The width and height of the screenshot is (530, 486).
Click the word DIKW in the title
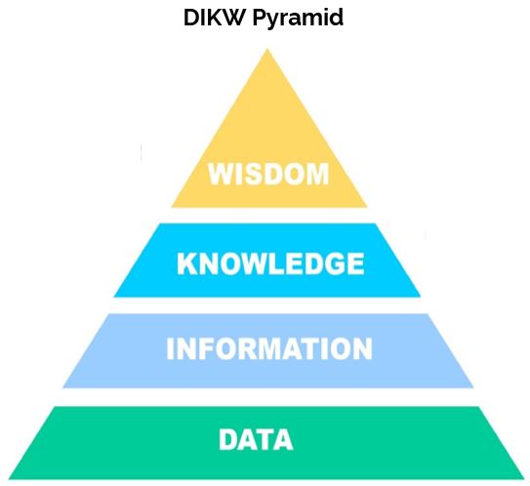coord(214,18)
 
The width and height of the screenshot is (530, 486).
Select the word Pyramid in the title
coord(298,19)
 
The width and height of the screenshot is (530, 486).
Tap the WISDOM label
coord(268,174)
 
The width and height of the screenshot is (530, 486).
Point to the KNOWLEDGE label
coord(270,263)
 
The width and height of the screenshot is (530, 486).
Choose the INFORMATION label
coord(269,348)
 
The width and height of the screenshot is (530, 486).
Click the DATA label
coord(256,439)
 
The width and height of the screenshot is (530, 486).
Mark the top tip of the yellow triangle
coord(267,49)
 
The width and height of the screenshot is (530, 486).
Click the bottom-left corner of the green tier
coord(9,478)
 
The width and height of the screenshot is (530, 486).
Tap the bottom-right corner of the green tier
coord(524,478)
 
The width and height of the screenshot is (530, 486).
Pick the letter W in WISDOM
coord(222,174)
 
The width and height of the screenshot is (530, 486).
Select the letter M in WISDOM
coord(318,174)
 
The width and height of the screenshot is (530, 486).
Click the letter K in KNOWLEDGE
coord(186,263)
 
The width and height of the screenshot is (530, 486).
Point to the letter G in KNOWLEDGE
coord(333,263)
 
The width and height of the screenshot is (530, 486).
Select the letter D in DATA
coord(228,439)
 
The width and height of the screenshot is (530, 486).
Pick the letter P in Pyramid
coord(260,18)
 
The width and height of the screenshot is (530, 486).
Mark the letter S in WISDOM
coord(254,174)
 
